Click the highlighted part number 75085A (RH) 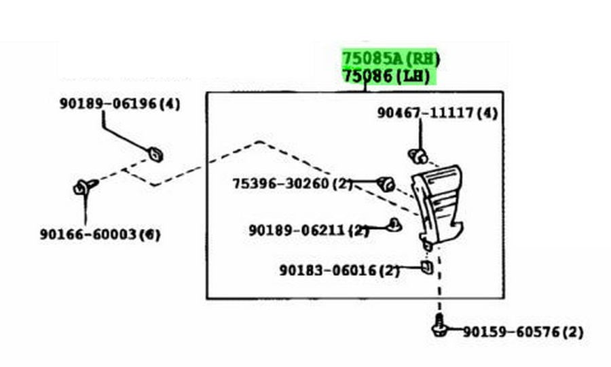(391, 59)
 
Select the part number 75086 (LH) (386, 75)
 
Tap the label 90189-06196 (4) (119, 104)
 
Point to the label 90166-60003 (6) (100, 234)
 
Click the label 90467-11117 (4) (437, 113)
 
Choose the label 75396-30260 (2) (292, 183)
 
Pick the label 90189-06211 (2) (308, 230)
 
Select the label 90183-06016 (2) (339, 270)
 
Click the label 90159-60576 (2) (523, 332)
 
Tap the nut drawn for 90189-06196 (156, 154)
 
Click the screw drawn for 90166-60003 (85, 187)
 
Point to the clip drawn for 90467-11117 (418, 156)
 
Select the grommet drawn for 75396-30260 (386, 183)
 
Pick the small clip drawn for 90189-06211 (394, 225)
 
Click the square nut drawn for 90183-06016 (427, 267)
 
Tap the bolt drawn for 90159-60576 (439, 326)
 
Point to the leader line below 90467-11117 (421, 134)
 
